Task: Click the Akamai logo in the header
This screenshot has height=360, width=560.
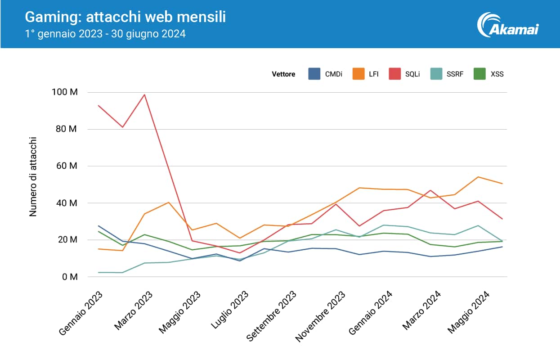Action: [x=509, y=24]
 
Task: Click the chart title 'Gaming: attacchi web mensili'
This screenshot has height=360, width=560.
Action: [x=125, y=17]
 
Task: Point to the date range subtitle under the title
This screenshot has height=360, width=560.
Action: [x=106, y=34]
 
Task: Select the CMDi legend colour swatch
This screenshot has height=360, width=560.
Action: [x=314, y=74]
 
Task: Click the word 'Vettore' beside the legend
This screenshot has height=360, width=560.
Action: [x=283, y=74]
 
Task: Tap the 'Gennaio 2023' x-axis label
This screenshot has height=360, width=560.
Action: [x=81, y=313]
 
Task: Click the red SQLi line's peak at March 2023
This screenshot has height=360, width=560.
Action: [x=144, y=94]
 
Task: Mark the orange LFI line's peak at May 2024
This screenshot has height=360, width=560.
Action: [x=478, y=177]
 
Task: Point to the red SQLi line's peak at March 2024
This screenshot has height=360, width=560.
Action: [x=430, y=190]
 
